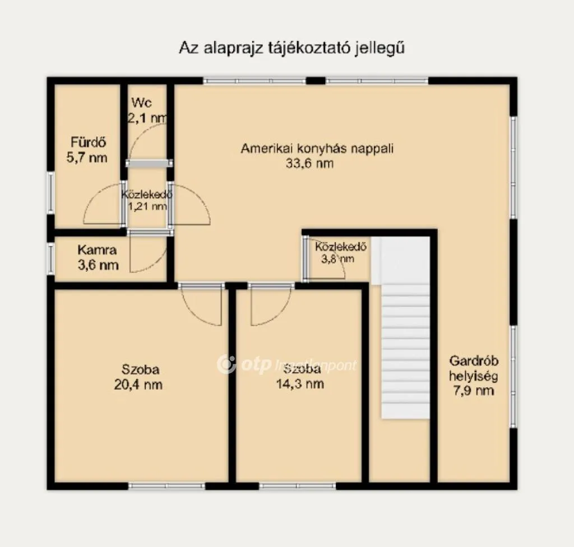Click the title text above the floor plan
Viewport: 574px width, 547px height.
[x=291, y=48]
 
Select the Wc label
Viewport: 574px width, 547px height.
[x=142, y=103]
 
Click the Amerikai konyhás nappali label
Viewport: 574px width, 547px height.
[x=318, y=149]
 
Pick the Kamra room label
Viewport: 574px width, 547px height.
[x=98, y=250]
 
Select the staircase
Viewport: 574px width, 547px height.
[x=405, y=336]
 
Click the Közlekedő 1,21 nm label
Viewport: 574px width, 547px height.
[x=146, y=200]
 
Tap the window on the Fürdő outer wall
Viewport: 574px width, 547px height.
[x=50, y=192]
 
